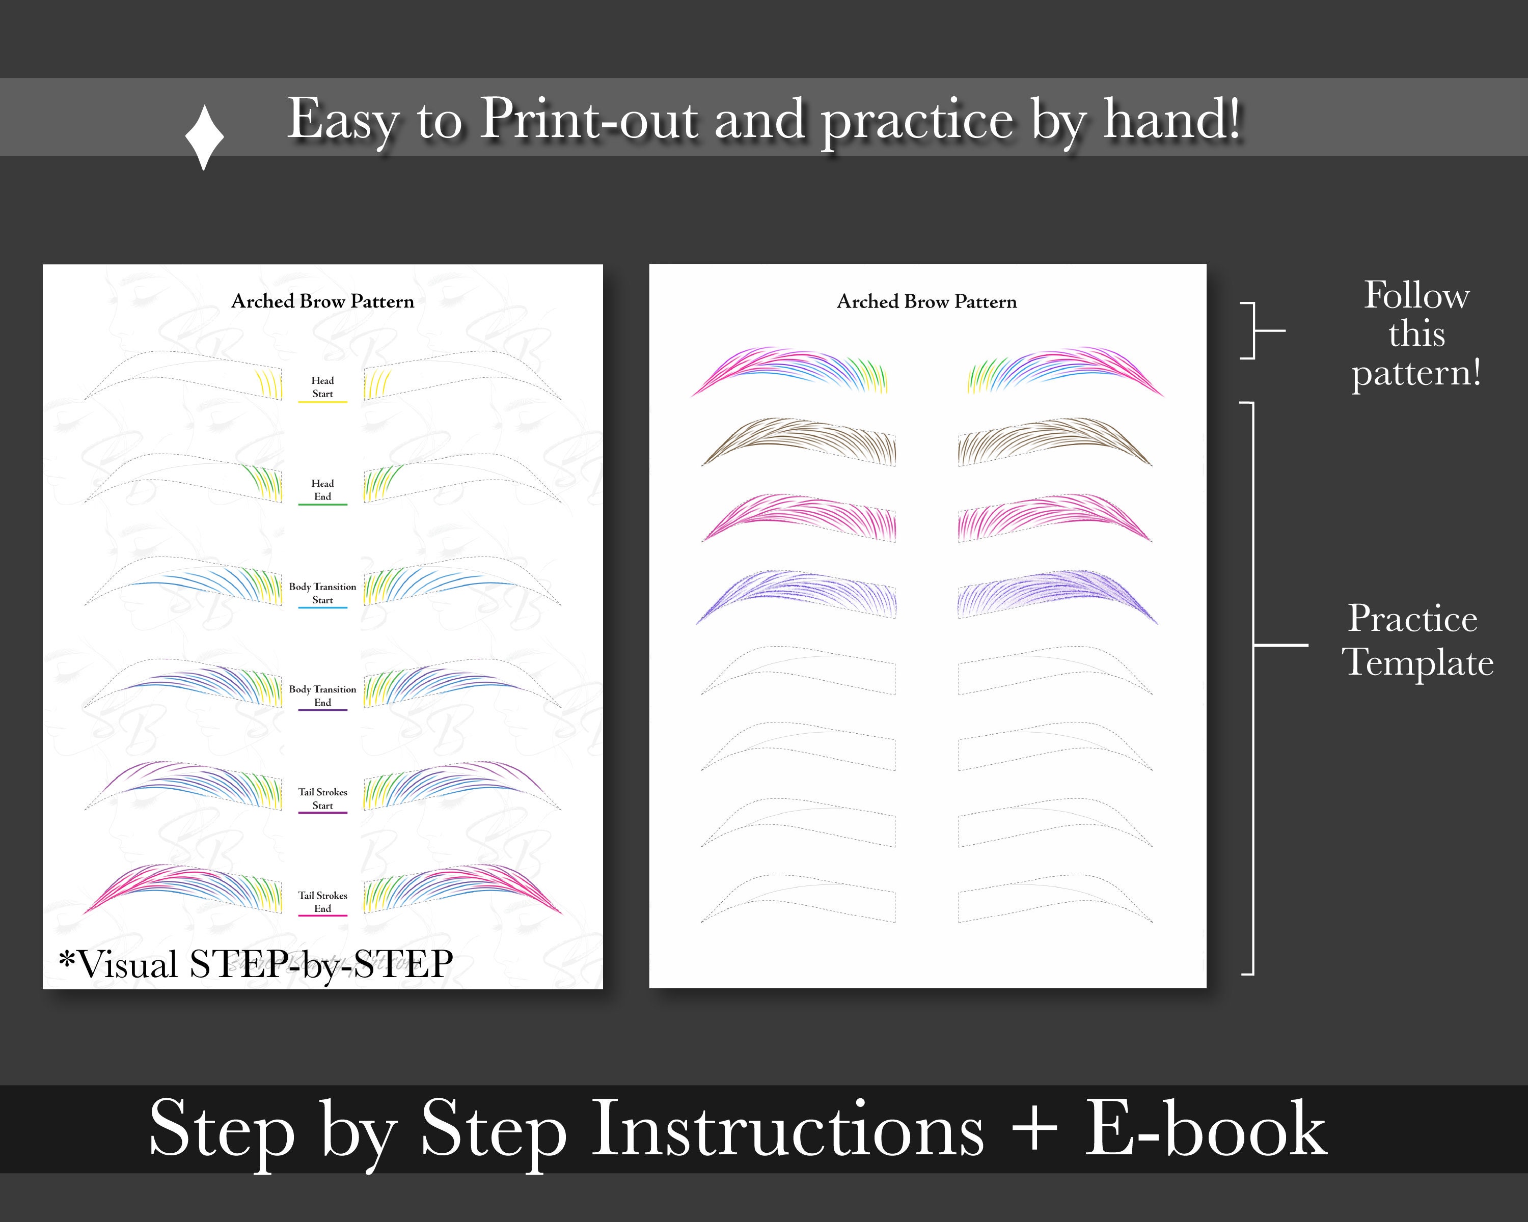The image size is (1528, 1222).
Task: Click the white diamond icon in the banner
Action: pos(204,137)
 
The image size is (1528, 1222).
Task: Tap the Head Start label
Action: pos(322,387)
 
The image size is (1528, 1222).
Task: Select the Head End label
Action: pos(322,489)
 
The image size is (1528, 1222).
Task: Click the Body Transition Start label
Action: pos(322,593)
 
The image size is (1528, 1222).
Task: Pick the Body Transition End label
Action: pos(322,695)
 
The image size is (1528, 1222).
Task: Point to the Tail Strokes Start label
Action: pos(322,798)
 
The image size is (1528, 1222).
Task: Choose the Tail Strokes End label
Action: pos(322,901)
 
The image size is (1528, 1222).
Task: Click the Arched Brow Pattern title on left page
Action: pos(322,301)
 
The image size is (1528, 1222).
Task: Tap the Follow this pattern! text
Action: pos(1416,334)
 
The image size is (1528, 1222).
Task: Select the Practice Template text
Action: pos(1416,641)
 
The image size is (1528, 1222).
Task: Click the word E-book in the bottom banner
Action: pos(1205,1130)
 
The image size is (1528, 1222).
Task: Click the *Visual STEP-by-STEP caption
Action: pos(256,964)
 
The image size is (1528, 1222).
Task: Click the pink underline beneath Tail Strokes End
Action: pos(322,916)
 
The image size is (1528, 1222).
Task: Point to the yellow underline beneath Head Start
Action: pos(322,402)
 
